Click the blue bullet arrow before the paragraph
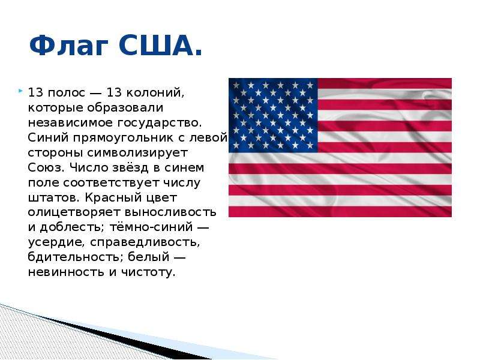(x=20, y=91)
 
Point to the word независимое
(x=71, y=122)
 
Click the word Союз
(x=46, y=167)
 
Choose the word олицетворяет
(x=74, y=213)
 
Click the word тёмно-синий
(x=151, y=227)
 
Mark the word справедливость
(x=145, y=243)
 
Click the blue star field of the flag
(x=273, y=115)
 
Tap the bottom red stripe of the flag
(x=340, y=212)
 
